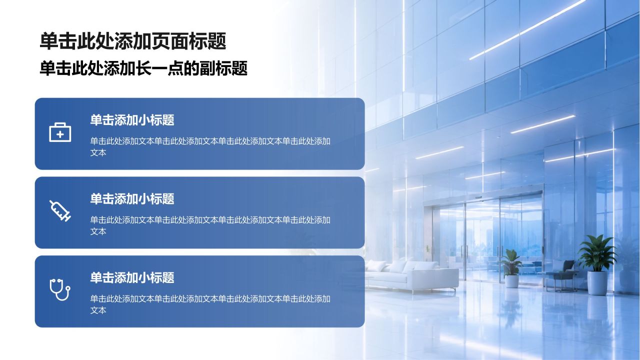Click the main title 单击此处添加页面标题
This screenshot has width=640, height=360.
click(133, 41)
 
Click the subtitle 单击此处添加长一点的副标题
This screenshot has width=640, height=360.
click(143, 68)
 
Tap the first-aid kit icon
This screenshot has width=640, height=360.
click(60, 132)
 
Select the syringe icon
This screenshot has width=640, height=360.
click(60, 211)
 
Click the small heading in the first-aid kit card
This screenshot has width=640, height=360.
click(132, 120)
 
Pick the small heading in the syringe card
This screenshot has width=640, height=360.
click(132, 199)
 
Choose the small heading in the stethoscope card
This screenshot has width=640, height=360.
click(132, 277)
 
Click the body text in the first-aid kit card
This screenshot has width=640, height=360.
click(210, 146)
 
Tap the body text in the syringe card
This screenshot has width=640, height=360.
click(210, 225)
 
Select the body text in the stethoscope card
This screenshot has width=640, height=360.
click(210, 304)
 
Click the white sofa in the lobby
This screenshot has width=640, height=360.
click(411, 275)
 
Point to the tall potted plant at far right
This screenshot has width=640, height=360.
click(597, 264)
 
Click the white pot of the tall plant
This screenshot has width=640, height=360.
click(597, 283)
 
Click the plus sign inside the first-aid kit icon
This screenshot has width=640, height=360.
click(60, 134)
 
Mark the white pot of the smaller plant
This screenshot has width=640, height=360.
click(511, 281)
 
